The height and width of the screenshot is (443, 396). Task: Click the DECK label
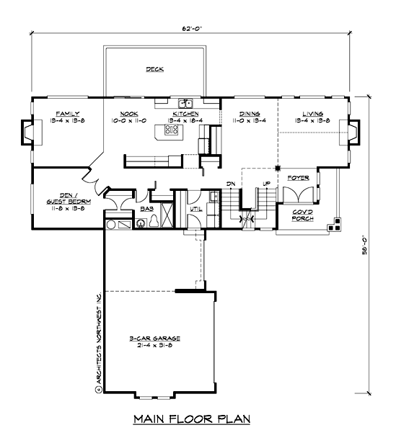point(154,70)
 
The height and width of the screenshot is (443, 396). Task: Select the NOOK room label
point(129,114)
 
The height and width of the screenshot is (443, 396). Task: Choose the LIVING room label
point(312,114)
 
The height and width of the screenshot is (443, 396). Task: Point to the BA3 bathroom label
point(146,208)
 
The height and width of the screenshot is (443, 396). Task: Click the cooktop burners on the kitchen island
point(172,130)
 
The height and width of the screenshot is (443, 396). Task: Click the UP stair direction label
point(266,184)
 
